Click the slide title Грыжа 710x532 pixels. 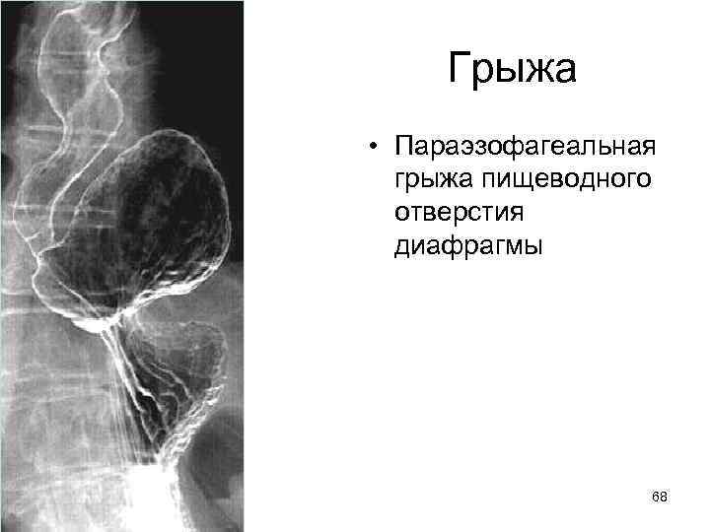(511, 70)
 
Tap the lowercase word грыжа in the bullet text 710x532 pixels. (435, 180)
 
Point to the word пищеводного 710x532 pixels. (564, 180)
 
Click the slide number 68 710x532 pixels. (660, 498)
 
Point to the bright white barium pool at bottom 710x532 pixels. (148, 502)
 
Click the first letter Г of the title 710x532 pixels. (461, 70)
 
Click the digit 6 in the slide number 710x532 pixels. (656, 498)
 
